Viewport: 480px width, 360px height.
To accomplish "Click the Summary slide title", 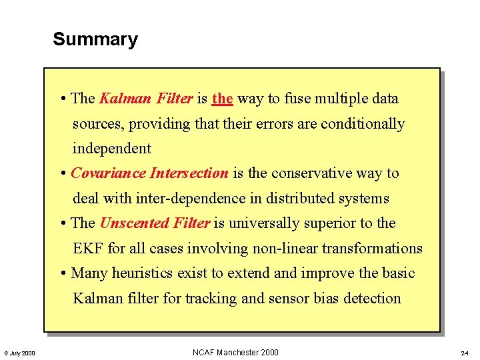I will point(95,39).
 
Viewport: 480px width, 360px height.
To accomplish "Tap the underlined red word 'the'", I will point(222,99).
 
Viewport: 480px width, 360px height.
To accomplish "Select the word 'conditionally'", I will point(362,124).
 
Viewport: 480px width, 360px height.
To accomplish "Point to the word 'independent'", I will point(112,149).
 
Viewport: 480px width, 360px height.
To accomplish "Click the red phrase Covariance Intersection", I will point(149,173).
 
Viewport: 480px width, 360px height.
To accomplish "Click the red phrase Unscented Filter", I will point(155,223).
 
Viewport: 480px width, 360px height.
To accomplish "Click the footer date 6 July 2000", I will point(20,353).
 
